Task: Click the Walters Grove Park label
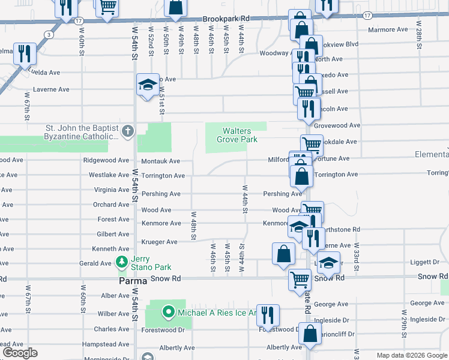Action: pos(240,135)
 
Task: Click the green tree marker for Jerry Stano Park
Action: pos(122,262)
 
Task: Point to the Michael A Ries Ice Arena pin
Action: pos(168,312)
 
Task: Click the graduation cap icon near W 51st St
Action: pos(146,85)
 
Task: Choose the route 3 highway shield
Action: pos(47,35)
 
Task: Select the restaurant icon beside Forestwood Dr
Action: pos(268,315)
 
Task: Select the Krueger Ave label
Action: pos(159,242)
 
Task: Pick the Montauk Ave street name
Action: pos(160,161)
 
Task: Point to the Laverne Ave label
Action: pos(51,89)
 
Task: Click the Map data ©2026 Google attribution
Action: pos(411,355)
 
